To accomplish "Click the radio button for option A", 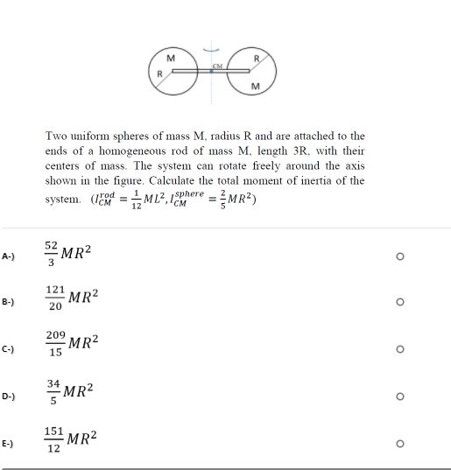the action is point(399,256).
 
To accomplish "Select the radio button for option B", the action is point(399,302).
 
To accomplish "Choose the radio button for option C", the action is point(399,349).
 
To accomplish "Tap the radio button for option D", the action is point(399,396).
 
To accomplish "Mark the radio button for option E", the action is point(399,444).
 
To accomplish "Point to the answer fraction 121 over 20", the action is point(55,298).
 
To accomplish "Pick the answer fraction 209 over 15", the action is point(55,345).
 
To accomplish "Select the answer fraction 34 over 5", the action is point(53,390).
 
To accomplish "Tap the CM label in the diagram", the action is point(217,66).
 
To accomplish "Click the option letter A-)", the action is point(8,256).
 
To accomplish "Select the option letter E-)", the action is point(8,444).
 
